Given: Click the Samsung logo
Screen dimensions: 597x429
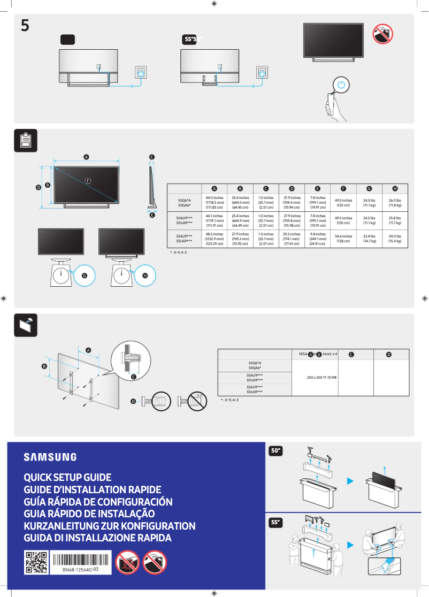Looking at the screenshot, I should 50,457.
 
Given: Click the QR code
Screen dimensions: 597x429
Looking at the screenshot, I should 36,563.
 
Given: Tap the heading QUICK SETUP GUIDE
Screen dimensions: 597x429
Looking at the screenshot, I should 67,477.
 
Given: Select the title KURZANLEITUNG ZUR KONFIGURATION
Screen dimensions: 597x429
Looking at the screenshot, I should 110,526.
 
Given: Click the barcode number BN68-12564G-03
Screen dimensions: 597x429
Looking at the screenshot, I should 80,570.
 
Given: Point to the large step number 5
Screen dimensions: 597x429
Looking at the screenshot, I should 25,26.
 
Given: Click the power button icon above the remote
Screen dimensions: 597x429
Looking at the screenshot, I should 342,85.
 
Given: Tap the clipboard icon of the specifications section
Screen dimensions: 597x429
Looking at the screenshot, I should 25,140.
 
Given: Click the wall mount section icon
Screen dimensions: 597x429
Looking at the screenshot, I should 25,325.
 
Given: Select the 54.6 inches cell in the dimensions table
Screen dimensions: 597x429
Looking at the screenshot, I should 343,238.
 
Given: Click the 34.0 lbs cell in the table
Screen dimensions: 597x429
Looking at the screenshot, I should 395,238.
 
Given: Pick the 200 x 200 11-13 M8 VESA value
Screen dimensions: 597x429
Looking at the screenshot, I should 321,378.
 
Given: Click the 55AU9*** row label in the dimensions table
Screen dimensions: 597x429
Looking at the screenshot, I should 185,236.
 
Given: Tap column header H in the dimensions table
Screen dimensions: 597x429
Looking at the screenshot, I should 395,188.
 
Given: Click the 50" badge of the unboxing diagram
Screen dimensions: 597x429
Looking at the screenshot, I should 277,451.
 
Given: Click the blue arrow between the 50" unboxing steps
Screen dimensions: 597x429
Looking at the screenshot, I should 350,481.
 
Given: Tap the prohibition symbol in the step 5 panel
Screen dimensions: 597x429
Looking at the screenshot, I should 382,34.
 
